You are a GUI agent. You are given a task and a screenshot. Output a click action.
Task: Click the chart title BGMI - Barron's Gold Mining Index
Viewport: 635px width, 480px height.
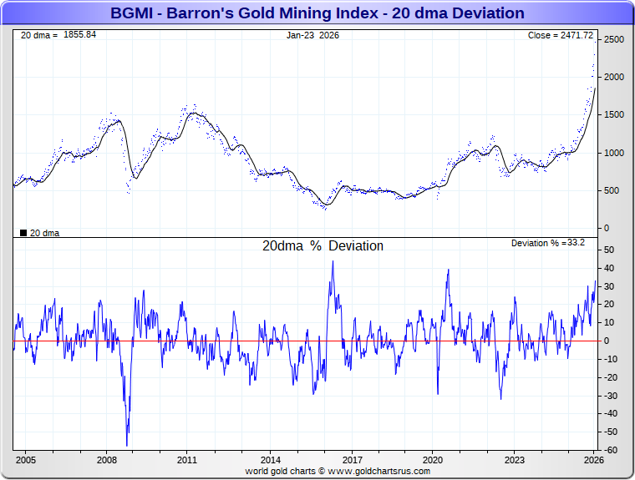coord(317,13)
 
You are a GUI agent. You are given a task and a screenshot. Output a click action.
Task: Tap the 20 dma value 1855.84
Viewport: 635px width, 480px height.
coord(79,35)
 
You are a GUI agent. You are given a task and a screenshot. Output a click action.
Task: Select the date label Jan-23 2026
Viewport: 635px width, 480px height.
coord(313,36)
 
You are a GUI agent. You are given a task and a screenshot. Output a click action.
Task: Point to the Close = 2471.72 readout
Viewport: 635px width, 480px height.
coord(561,36)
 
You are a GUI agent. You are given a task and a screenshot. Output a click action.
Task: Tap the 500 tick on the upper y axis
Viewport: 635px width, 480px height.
coord(612,190)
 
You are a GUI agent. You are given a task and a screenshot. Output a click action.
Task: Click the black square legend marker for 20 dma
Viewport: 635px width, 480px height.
coord(23,233)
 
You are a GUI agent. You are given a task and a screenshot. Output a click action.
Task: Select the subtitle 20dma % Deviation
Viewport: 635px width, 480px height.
coord(323,246)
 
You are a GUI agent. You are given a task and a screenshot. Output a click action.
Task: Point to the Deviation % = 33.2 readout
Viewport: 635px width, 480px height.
coord(547,243)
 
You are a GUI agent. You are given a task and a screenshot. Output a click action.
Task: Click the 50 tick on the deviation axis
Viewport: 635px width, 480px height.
coord(609,250)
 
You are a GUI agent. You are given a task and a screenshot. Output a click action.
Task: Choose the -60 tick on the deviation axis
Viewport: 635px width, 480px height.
coord(611,450)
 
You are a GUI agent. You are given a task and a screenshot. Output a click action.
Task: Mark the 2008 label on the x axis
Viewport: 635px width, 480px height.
coord(106,460)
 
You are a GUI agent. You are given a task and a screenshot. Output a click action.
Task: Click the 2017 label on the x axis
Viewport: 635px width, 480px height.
coord(352,460)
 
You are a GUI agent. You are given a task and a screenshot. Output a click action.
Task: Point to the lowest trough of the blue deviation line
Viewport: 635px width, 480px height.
coord(127,446)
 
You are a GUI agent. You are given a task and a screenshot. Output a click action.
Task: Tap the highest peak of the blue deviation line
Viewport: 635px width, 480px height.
coord(333,261)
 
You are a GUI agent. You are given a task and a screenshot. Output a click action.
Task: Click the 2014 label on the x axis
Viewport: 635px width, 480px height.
coord(270,460)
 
